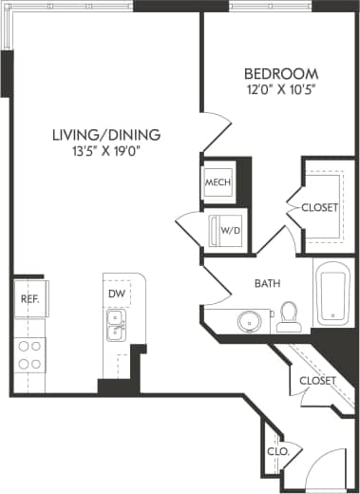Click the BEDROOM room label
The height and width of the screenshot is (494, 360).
pyautogui.click(x=280, y=74)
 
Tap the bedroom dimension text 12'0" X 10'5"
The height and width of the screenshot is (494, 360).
pyautogui.click(x=280, y=90)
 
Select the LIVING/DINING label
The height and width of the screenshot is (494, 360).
pyautogui.click(x=106, y=134)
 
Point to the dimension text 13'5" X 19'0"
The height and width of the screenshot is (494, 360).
pyautogui.click(x=106, y=150)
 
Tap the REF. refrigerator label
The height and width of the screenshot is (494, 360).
pyautogui.click(x=28, y=299)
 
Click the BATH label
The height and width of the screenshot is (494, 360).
pyautogui.click(x=267, y=283)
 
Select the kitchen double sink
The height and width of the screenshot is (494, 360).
pyautogui.click(x=116, y=331)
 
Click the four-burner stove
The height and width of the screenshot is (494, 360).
pyautogui.click(x=29, y=354)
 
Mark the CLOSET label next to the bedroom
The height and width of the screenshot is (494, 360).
pyautogui.click(x=319, y=207)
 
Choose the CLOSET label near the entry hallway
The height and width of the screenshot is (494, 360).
pyautogui.click(x=317, y=380)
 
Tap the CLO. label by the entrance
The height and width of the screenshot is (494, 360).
pyautogui.click(x=277, y=452)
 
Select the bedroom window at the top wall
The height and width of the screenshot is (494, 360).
pyautogui.click(x=270, y=6)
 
